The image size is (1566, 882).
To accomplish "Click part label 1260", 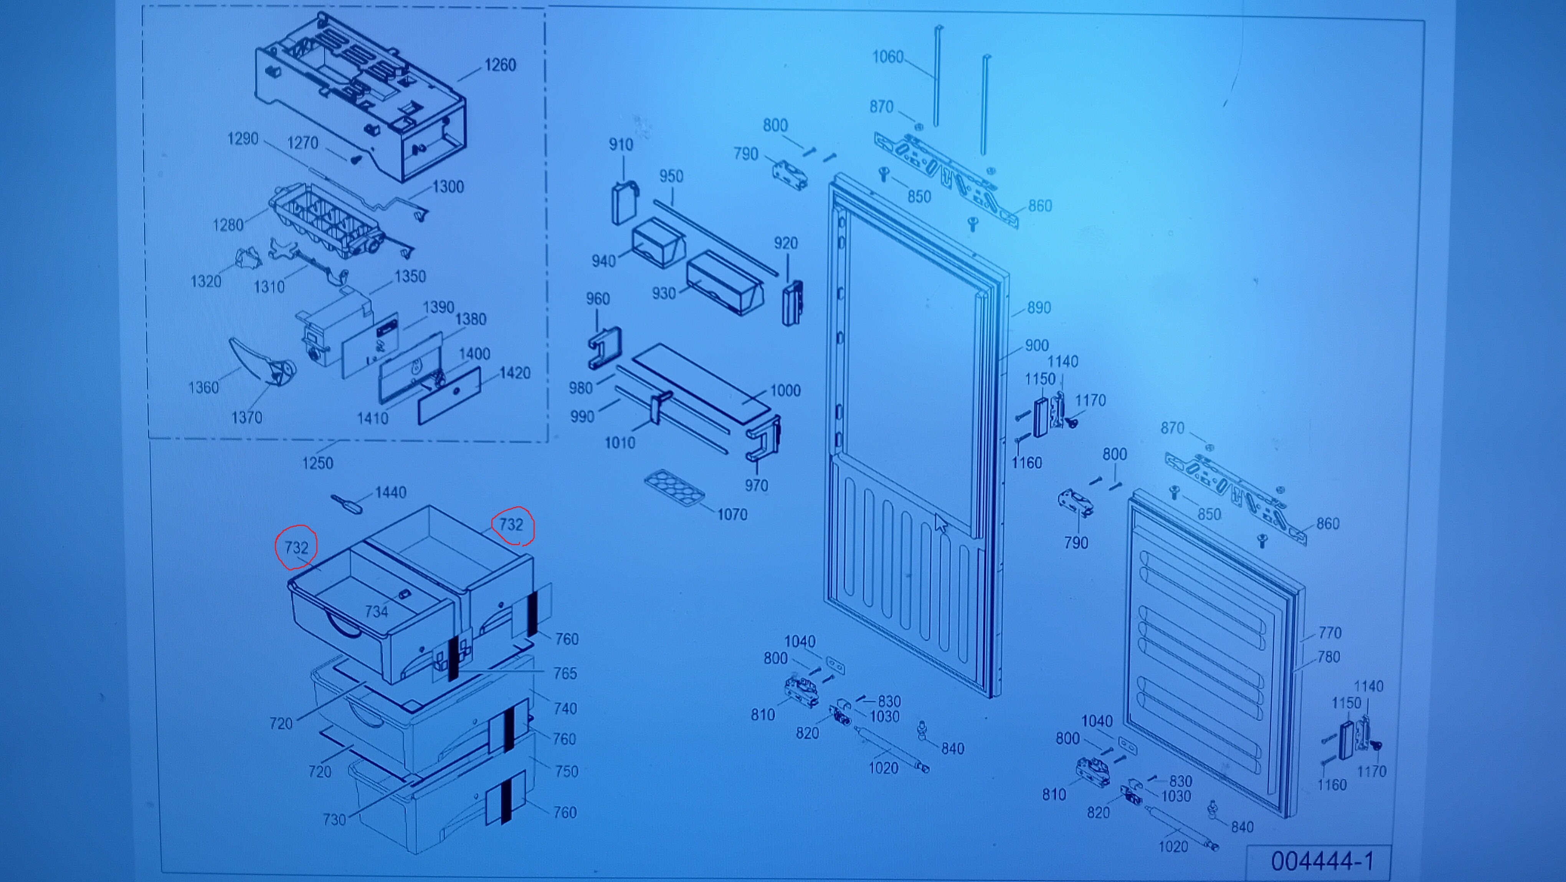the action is tap(501, 65).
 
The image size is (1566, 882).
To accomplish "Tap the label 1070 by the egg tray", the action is tap(732, 515).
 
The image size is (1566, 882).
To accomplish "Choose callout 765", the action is tap(565, 673).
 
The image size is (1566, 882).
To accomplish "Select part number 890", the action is tap(1039, 308).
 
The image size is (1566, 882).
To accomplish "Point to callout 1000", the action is tap(785, 391).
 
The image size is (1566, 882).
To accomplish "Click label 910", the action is tap(621, 145).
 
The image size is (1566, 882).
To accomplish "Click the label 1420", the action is tap(515, 373).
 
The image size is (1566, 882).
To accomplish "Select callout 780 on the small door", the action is tap(1329, 657).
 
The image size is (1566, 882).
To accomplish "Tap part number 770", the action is tap(1330, 633).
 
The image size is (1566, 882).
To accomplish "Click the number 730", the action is tap(334, 819).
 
